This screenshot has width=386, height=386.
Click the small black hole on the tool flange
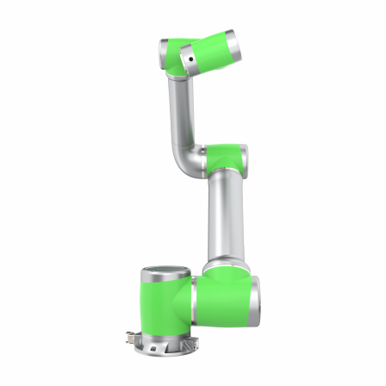190,59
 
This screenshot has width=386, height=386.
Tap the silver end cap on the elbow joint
246,158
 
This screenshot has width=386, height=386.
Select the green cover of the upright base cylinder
164,307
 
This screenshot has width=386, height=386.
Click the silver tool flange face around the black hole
186,62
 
